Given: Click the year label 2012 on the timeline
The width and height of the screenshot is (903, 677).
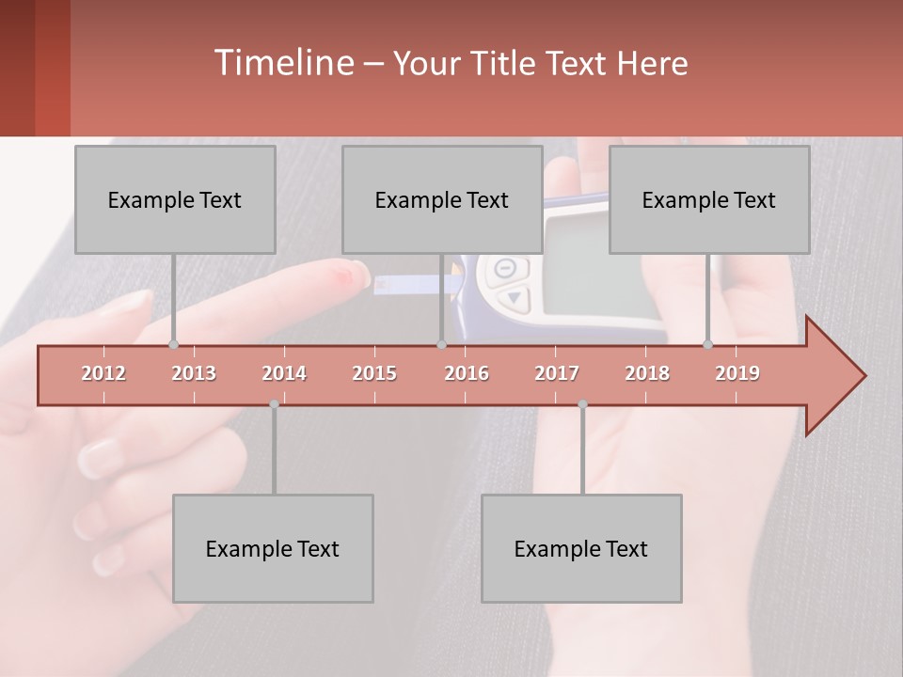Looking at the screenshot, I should pos(103,373).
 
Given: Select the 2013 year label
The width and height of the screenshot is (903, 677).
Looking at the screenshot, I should pos(194,373).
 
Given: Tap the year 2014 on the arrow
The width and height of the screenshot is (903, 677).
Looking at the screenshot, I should pos(284,373).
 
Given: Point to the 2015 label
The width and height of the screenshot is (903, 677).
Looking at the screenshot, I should pos(374,373).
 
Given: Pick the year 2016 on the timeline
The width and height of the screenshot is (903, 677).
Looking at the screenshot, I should pos(467,373).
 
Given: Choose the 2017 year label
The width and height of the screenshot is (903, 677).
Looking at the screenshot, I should pos(557,373).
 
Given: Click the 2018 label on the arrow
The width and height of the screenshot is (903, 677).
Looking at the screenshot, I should pos(647,373).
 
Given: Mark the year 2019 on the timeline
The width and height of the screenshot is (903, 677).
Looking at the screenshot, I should pos(737,373).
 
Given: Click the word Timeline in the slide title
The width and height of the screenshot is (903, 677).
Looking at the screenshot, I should pos(282,63).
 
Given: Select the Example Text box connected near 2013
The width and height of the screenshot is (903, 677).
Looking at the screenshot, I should pos(175,199).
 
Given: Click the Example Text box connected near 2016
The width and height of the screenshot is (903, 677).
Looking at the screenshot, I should pos(442,199).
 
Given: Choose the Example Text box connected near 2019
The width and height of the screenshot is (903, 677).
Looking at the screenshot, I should pos(709,199).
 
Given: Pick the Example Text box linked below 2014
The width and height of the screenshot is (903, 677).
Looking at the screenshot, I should pos(273,548).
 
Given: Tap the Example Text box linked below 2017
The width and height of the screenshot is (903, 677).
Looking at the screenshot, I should pos(581,548).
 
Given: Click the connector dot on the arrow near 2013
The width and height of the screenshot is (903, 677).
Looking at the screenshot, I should pos(173,344).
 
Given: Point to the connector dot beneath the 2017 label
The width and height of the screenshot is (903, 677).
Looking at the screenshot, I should pos(582,404).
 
